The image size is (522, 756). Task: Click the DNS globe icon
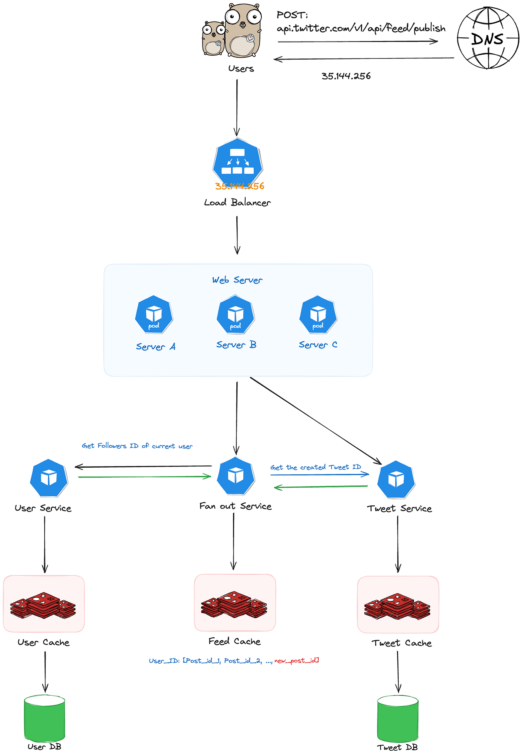point(487,38)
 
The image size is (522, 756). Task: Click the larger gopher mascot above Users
point(243,31)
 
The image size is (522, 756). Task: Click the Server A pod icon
point(154,314)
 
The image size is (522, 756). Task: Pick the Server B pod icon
point(236,314)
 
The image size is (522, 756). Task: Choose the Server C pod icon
point(318,314)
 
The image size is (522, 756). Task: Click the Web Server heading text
point(237,280)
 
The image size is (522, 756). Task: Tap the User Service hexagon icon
point(49,478)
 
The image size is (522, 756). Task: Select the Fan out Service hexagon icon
point(236,476)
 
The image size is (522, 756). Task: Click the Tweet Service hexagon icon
point(396,479)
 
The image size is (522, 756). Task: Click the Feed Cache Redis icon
point(234,604)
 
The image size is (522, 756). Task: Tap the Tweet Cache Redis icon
point(397,606)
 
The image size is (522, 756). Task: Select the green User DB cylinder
point(45,718)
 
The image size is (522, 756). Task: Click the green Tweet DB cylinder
point(398,719)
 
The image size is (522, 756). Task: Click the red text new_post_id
point(296,661)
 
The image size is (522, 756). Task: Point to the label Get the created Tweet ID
point(316,467)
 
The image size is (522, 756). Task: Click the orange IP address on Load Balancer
point(239,186)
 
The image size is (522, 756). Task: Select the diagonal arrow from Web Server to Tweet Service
point(315,420)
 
